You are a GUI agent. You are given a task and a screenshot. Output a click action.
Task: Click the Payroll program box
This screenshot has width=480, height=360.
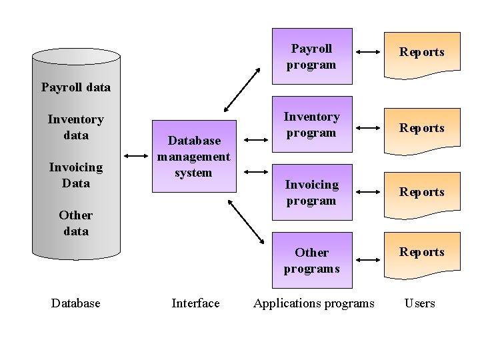pyautogui.click(x=311, y=56)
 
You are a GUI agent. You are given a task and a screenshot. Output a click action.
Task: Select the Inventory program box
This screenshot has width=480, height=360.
pyautogui.click(x=311, y=125)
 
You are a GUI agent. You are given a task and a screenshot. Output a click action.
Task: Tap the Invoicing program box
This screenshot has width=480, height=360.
pyautogui.click(x=311, y=192)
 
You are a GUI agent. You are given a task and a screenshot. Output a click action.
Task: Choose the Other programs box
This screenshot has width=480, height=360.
pyautogui.click(x=311, y=260)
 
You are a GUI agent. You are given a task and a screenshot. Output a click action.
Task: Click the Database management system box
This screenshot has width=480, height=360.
pyautogui.click(x=194, y=157)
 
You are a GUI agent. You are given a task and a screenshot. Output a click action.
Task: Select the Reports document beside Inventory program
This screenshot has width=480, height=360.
pyautogui.click(x=421, y=128)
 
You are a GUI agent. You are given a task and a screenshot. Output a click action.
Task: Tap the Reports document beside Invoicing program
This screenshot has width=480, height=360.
pyautogui.click(x=421, y=192)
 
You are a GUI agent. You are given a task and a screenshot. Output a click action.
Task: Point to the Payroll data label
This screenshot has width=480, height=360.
pyautogui.click(x=76, y=87)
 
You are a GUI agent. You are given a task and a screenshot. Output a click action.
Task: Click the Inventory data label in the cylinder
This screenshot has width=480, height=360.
pyautogui.click(x=76, y=127)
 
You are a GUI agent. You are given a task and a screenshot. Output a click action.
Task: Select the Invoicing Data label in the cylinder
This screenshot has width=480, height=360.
pyautogui.click(x=76, y=175)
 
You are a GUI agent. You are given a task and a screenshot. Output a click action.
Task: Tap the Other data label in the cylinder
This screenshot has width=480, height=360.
pyautogui.click(x=76, y=223)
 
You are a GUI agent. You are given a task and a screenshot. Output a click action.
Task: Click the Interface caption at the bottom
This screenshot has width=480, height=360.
pyautogui.click(x=195, y=303)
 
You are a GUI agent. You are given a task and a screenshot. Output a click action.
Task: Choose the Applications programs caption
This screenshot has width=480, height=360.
pyautogui.click(x=314, y=303)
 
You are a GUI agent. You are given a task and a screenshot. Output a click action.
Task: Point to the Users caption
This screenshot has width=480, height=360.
pyautogui.click(x=420, y=303)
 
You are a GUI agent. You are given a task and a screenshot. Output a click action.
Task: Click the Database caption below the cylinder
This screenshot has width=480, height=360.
pyautogui.click(x=76, y=303)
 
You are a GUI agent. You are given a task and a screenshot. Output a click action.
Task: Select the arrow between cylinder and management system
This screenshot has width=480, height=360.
pyautogui.click(x=137, y=157)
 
